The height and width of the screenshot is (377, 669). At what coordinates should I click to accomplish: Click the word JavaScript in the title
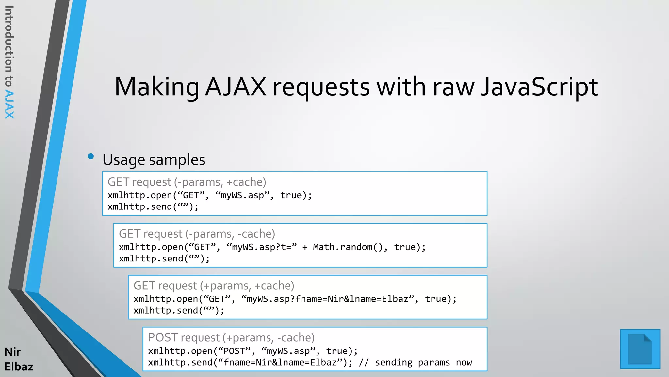tap(539, 87)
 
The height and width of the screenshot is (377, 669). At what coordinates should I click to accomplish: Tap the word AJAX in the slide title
tap(236, 87)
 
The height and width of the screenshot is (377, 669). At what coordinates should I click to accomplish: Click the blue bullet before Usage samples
tap(91, 156)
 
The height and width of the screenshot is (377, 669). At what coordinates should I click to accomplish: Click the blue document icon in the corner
tap(640, 349)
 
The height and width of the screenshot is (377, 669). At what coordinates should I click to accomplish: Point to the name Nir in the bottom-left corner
tap(12, 352)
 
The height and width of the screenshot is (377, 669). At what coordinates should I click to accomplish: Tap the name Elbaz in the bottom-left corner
tap(19, 367)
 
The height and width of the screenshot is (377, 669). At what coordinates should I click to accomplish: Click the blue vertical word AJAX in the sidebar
tap(9, 105)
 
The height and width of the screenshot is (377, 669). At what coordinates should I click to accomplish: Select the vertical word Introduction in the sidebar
tap(9, 39)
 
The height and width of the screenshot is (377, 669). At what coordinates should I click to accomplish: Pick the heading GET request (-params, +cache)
tap(187, 182)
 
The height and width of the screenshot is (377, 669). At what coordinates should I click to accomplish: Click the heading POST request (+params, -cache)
tap(231, 338)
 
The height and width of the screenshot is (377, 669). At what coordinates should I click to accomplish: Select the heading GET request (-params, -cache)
tap(197, 234)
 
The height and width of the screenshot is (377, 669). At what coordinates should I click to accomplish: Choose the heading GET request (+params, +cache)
tap(214, 286)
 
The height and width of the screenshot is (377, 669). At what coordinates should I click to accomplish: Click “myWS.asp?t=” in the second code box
tap(262, 247)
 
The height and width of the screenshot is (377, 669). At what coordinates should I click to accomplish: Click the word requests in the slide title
tap(321, 87)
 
